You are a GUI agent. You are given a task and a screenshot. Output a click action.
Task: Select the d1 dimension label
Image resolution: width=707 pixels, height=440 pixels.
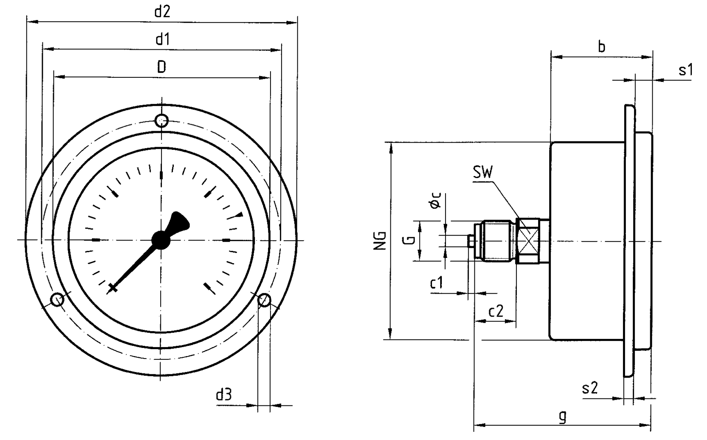(162, 40)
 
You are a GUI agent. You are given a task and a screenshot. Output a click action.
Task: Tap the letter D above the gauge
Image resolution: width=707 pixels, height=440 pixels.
(162, 67)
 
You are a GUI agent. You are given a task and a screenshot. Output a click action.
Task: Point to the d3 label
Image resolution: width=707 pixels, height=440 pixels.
(224, 394)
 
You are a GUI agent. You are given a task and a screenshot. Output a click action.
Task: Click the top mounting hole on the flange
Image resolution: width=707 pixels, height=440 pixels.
(162, 121)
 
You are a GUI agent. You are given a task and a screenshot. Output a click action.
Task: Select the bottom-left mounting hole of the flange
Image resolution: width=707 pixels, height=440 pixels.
(57, 300)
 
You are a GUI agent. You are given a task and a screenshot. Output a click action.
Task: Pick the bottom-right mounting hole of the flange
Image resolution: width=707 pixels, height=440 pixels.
(264, 300)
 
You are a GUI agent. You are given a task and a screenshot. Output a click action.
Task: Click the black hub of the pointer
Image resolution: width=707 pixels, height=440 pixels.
(161, 240)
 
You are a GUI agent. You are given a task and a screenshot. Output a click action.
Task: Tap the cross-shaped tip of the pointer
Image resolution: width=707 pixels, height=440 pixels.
(113, 288)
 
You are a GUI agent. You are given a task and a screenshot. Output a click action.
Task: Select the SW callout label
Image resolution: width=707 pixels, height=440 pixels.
(483, 173)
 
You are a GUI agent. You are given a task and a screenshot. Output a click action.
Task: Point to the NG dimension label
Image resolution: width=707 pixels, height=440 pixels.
(381, 240)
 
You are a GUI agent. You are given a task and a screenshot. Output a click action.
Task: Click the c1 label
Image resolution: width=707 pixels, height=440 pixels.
(437, 283)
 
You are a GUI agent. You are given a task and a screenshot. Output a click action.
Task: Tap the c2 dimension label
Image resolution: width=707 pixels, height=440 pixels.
(496, 311)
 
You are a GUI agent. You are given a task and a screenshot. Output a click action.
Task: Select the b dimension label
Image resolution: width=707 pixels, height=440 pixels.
(602, 47)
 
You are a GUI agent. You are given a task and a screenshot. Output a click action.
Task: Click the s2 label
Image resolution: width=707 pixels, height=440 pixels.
(590, 388)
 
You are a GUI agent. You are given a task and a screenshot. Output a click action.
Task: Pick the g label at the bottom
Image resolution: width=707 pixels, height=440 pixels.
(563, 416)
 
